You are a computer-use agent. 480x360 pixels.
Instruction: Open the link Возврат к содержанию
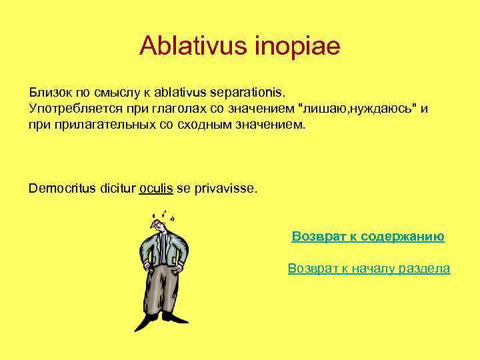(x=368, y=237)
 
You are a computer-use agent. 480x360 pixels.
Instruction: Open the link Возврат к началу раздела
(x=369, y=269)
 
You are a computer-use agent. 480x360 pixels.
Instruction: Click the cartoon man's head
(x=161, y=226)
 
